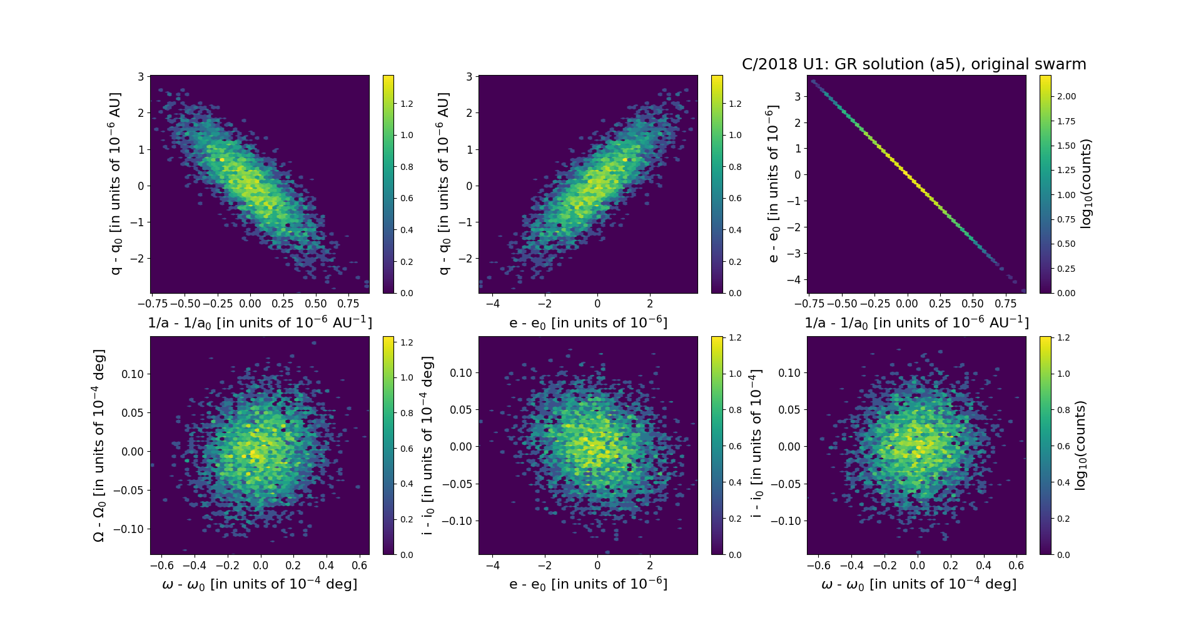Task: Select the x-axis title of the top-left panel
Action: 260,322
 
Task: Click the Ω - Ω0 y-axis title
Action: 99,446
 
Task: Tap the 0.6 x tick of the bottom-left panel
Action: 360,565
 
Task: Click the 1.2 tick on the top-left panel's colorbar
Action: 407,104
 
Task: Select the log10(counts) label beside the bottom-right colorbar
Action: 1080,445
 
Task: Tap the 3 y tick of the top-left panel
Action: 141,77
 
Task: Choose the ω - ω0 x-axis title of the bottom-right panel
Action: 918,584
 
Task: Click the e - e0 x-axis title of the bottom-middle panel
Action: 588,584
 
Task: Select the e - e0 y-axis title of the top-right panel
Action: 773,184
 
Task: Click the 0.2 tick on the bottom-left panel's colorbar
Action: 407,519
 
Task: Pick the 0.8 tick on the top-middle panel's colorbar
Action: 735,167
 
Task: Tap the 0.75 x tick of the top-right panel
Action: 1006,304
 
